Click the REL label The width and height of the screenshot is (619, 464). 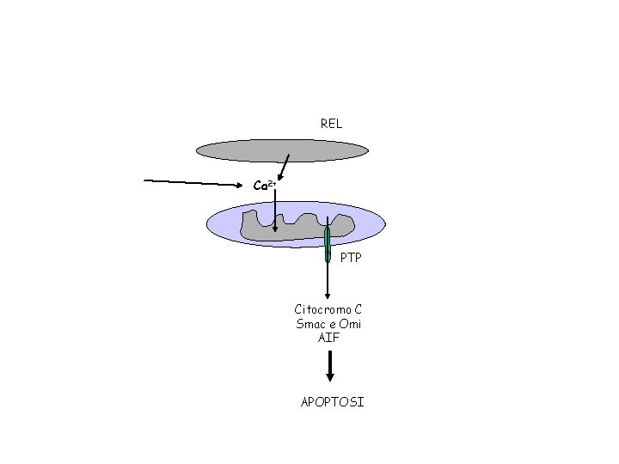click(x=331, y=124)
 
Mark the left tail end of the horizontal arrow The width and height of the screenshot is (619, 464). click(x=145, y=180)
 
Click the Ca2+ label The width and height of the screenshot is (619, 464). click(x=263, y=186)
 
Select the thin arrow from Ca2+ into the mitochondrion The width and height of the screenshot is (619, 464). click(x=274, y=211)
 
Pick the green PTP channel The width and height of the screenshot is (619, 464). click(x=328, y=244)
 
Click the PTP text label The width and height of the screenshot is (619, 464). click(x=351, y=258)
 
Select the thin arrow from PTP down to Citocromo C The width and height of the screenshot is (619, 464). click(x=328, y=279)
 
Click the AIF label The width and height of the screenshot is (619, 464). click(x=328, y=338)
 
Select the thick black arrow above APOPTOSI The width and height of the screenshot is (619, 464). click(x=330, y=367)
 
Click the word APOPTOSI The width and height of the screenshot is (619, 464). click(x=332, y=402)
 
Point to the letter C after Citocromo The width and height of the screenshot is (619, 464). click(x=358, y=309)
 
